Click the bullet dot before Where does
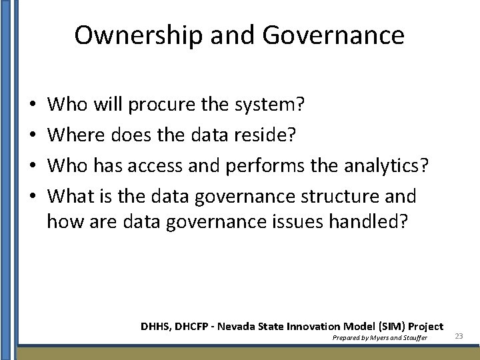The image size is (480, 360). (x=32, y=135)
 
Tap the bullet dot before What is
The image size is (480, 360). (x=32, y=197)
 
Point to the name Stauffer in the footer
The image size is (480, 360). (x=412, y=338)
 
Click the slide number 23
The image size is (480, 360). (x=459, y=336)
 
